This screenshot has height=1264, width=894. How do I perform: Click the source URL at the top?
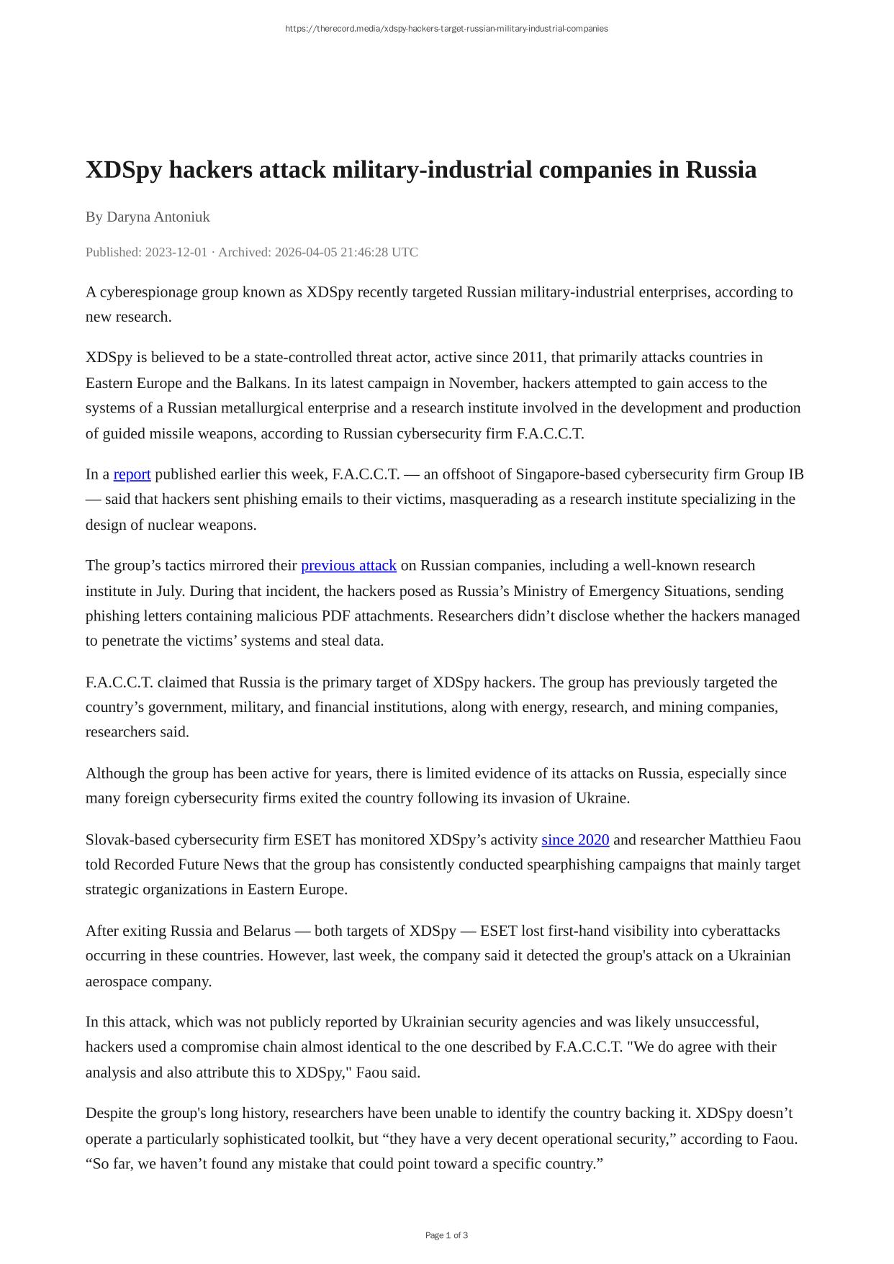point(446,29)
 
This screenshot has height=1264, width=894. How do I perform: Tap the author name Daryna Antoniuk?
point(158,217)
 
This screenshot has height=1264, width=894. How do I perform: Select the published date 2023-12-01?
point(176,252)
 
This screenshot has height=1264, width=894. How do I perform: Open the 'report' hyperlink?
point(132,474)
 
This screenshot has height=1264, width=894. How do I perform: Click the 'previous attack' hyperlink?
point(348,565)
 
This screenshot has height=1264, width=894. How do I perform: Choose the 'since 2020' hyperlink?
point(575,839)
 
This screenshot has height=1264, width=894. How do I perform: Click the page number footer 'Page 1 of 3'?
point(446,1235)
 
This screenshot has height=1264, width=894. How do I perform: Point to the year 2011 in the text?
point(529,357)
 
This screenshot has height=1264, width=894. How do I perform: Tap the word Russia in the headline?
point(721,170)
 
